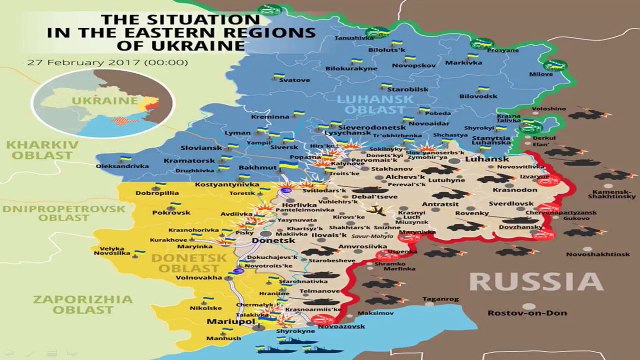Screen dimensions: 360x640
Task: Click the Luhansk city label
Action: pos(487,158)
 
